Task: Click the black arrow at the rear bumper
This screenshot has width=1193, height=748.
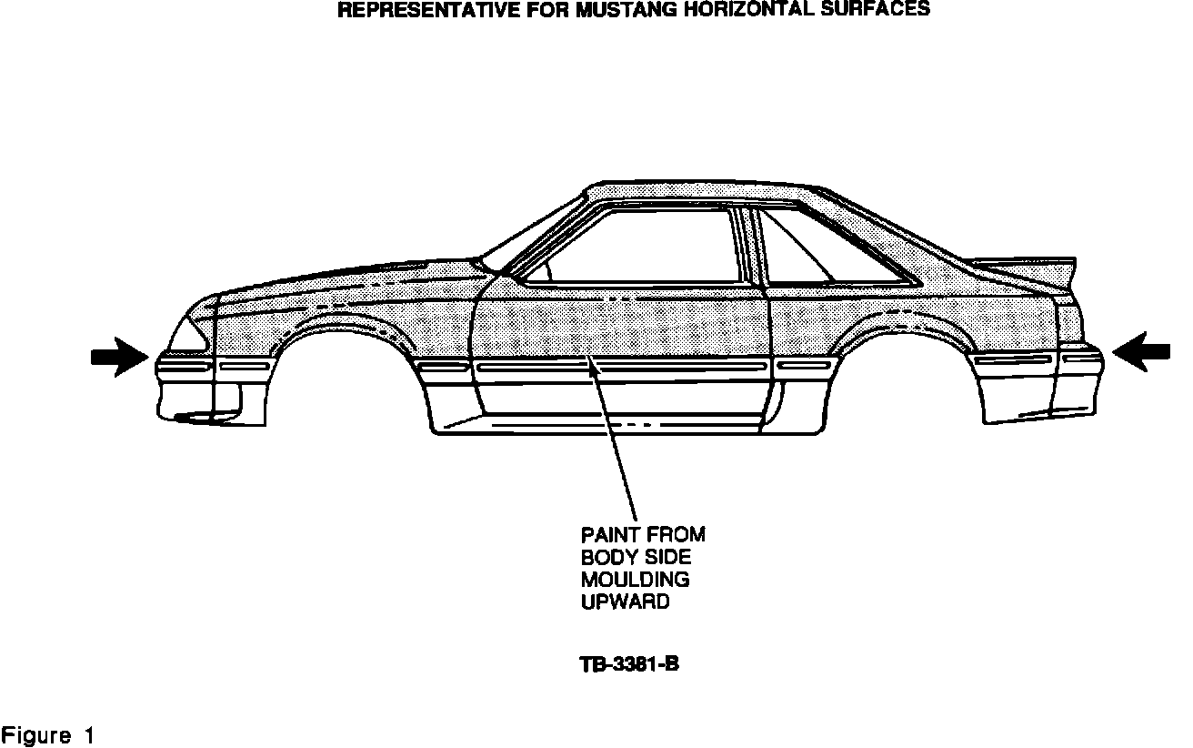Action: (x=1140, y=351)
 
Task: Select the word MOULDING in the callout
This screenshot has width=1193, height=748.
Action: (x=635, y=579)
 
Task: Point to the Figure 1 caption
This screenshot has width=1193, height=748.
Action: (x=47, y=734)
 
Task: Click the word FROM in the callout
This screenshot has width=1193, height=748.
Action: (x=677, y=534)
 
